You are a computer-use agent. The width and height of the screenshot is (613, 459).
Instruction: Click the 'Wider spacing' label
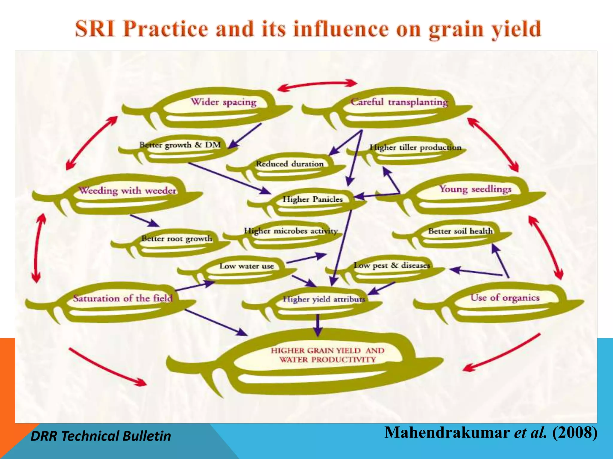[224, 102]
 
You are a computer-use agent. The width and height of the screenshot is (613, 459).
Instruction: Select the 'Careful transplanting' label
[399, 102]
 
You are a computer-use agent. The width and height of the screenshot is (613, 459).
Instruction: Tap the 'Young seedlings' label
[475, 189]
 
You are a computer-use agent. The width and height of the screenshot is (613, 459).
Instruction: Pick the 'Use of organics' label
[505, 298]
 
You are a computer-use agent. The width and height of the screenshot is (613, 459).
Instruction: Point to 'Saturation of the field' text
[123, 298]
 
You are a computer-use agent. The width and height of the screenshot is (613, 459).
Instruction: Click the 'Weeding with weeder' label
[128, 191]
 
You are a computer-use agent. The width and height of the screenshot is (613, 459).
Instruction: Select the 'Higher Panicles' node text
[312, 199]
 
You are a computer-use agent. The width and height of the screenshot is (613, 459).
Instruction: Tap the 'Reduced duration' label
[290, 164]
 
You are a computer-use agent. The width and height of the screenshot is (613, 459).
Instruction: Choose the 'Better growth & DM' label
[180, 145]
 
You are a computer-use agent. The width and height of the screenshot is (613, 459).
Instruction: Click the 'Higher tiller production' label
[415, 147]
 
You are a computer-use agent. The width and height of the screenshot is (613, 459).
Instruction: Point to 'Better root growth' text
[177, 238]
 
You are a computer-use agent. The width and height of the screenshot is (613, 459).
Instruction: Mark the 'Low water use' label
[247, 266]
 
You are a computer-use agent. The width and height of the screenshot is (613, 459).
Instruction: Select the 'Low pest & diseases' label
[392, 265]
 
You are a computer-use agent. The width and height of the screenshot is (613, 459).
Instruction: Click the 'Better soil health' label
[460, 231]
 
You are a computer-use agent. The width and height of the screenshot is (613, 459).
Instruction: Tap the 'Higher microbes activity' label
[291, 231]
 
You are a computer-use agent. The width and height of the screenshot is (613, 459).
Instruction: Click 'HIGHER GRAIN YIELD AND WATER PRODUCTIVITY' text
[327, 355]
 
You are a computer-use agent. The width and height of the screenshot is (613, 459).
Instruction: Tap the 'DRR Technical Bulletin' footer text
[101, 436]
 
